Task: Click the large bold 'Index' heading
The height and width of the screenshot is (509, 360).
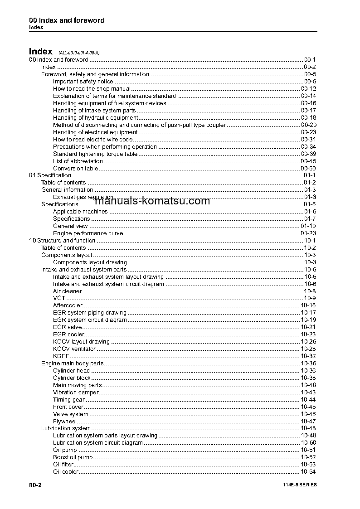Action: (41, 52)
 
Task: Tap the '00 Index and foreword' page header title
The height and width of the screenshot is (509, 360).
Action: (67, 20)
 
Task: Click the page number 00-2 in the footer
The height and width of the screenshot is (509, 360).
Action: (35, 485)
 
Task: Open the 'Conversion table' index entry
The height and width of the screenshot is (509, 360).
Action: (75, 168)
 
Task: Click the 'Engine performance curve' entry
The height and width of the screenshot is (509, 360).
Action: (88, 233)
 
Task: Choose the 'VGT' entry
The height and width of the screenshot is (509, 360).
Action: (59, 298)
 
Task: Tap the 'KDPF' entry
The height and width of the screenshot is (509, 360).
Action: (61, 356)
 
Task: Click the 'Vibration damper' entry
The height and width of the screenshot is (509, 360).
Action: (75, 393)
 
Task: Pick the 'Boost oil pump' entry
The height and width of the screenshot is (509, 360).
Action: (73, 457)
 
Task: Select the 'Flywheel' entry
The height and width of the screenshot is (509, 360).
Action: (64, 422)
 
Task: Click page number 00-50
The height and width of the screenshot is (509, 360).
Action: (308, 168)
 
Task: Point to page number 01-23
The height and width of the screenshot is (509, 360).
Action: (308, 233)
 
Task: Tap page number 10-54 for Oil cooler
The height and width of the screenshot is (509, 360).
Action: (308, 472)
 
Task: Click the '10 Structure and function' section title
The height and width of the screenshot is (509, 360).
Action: (62, 241)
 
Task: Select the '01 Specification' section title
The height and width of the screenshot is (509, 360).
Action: (50, 175)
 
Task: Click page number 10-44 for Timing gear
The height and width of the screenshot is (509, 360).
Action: (308, 400)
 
